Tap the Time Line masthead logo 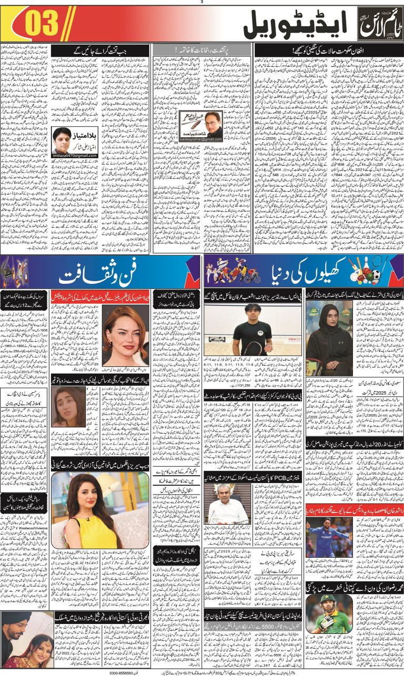click(x=377, y=24)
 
